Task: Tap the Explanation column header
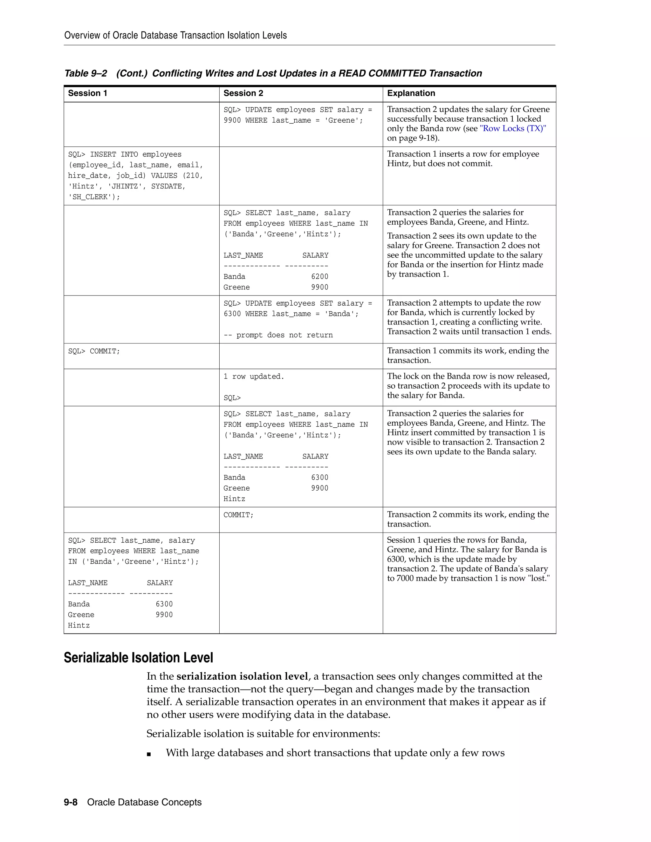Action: [411, 93]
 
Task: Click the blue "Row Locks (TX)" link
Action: [512, 128]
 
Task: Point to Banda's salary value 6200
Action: [319, 276]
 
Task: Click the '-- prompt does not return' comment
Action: [278, 335]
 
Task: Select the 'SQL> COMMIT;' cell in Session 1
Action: [94, 351]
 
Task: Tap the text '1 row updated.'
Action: [253, 376]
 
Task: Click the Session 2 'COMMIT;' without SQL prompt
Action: [238, 515]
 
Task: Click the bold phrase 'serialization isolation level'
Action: [242, 676]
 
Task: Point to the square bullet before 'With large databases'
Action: [149, 754]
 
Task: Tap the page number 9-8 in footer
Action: [71, 802]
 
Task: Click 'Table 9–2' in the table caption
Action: [85, 73]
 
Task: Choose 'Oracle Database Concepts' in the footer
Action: [144, 802]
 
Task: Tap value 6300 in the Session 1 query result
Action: [164, 604]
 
